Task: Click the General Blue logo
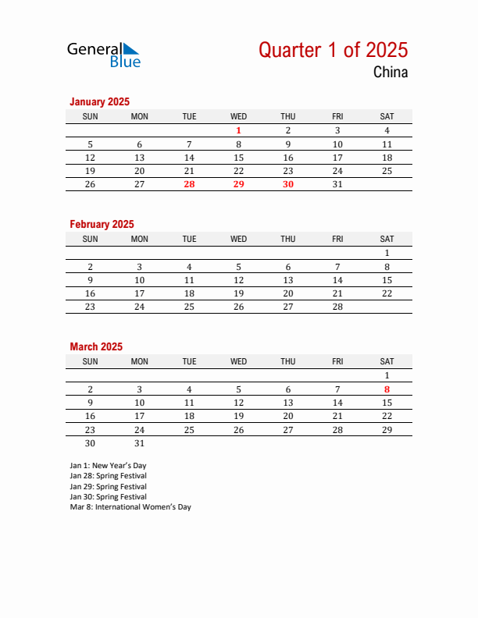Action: tap(103, 54)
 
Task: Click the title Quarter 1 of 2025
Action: tap(333, 50)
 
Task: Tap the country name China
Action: tap(390, 73)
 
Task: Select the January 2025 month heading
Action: tap(99, 101)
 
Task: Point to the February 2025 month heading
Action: tap(102, 224)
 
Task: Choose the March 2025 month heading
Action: tap(96, 346)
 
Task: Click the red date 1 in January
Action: tap(239, 130)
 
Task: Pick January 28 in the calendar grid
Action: tap(189, 184)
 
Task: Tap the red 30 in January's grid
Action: tap(288, 184)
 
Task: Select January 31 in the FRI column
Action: tap(337, 184)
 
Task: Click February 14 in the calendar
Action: tap(337, 279)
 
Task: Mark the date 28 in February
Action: tap(337, 307)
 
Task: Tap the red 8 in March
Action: tap(387, 389)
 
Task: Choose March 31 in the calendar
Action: tap(140, 442)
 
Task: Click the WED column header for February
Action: tap(239, 239)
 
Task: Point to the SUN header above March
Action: tap(91, 361)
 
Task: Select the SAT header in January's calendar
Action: tap(387, 116)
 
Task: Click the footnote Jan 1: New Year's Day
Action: tap(109, 466)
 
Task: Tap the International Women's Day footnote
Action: tap(130, 507)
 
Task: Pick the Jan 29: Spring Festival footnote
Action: tap(108, 486)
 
